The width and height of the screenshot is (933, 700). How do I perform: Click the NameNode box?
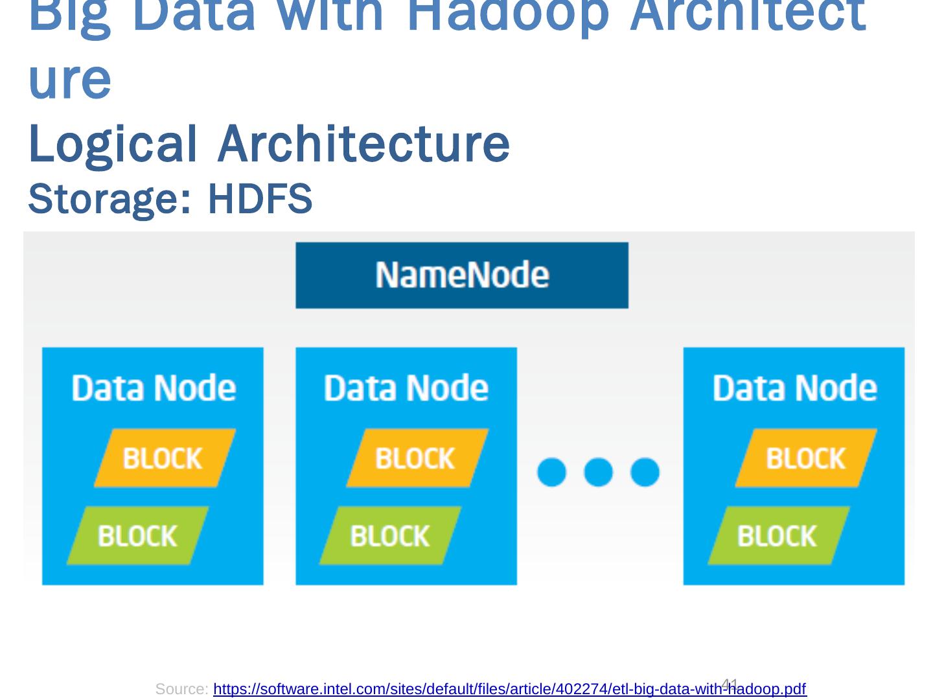pos(461,275)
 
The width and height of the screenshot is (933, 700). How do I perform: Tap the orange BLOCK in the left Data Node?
pos(164,458)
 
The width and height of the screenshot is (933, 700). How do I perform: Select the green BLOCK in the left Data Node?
pos(137,536)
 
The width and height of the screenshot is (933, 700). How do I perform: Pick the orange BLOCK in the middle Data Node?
pos(417,458)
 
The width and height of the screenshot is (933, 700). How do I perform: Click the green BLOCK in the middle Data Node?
pos(390,536)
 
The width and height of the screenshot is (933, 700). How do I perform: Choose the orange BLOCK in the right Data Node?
pos(805,458)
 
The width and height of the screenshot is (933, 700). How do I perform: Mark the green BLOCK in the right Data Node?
pos(778,536)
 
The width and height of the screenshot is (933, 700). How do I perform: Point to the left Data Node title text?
pos(154,388)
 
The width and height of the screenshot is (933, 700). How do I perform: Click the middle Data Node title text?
pos(406,388)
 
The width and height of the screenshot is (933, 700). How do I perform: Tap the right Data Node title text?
pos(794,388)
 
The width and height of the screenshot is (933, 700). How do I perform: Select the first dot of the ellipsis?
pos(551,472)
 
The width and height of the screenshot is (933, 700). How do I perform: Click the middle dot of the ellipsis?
pos(598,472)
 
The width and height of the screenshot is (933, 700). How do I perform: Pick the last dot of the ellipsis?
pos(645,472)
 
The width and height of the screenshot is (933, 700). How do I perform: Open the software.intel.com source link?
pos(509,689)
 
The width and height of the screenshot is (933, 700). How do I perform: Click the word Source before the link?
pos(181,689)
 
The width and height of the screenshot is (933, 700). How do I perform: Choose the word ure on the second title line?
pos(70,80)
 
